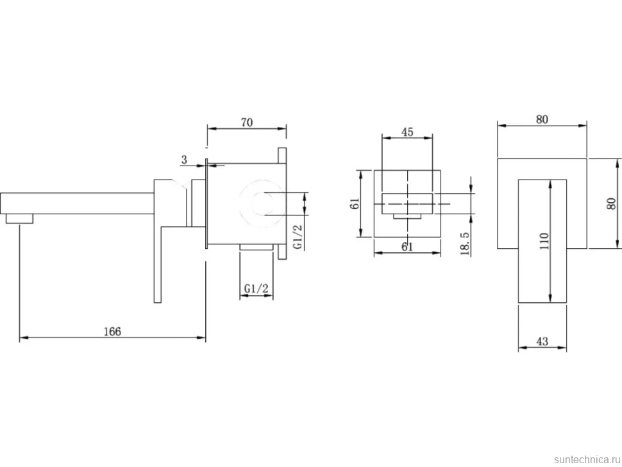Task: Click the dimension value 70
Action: [247, 123]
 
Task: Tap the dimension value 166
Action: [112, 331]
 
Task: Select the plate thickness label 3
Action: [184, 160]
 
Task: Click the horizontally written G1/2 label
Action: [256, 289]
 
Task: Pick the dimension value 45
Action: [407, 132]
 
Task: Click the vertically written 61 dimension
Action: [355, 203]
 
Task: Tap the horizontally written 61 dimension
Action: [407, 247]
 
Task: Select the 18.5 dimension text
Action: [465, 244]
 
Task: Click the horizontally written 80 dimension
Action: [542, 119]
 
